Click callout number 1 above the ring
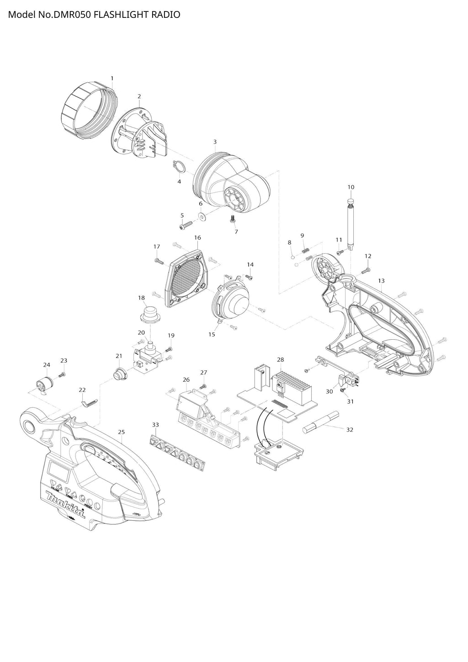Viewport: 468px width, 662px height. (x=112, y=78)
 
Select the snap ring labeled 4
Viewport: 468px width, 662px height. (x=179, y=167)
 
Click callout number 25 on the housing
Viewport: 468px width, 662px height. (x=121, y=432)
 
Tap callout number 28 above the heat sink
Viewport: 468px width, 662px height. (x=280, y=360)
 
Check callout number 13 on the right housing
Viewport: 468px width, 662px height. (x=381, y=280)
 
